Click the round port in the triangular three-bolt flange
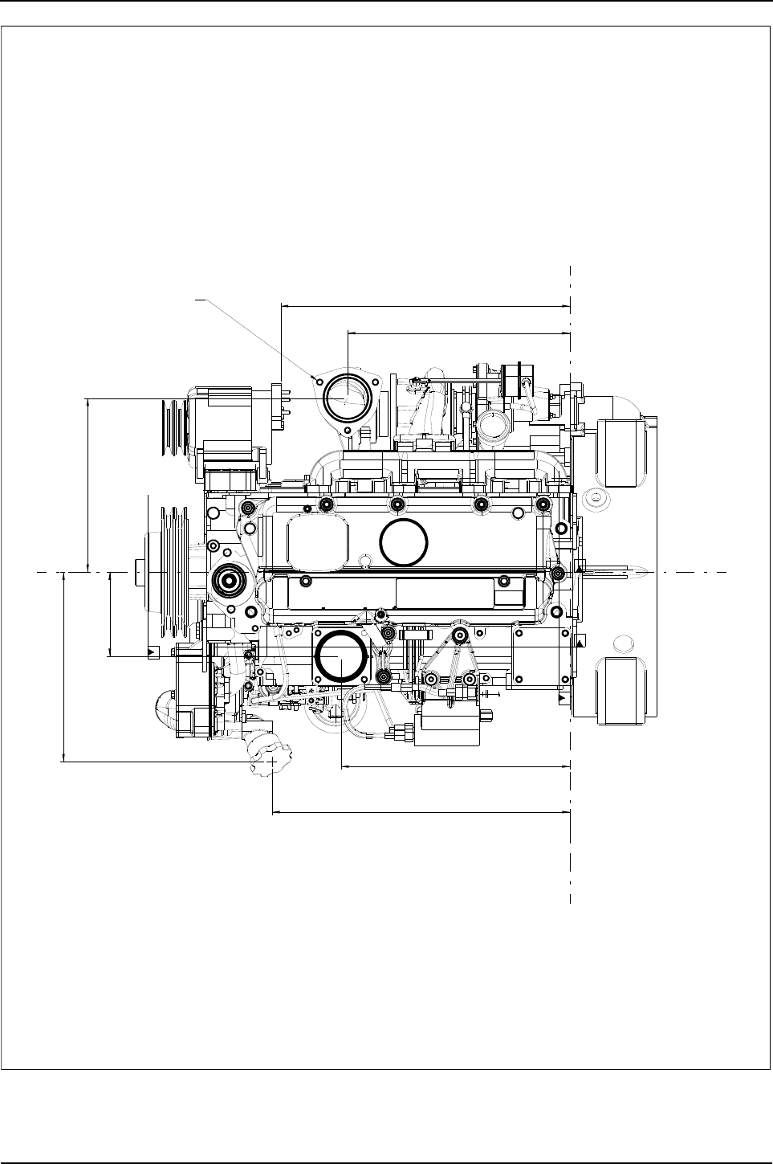(x=346, y=399)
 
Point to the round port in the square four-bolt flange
(x=341, y=656)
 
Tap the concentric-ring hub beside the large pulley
(x=228, y=579)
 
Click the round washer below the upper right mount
(x=597, y=500)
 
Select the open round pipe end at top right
(x=490, y=426)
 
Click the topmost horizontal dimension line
(x=425, y=306)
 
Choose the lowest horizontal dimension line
(x=421, y=811)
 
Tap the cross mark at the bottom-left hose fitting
(x=274, y=759)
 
